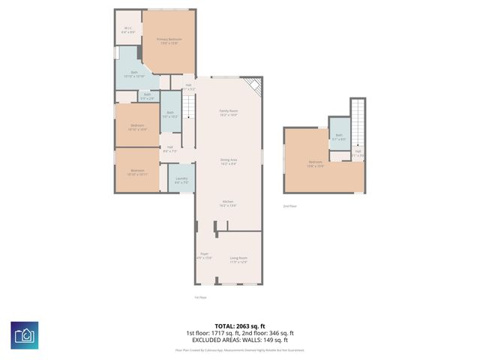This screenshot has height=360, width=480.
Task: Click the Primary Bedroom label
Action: point(169,40)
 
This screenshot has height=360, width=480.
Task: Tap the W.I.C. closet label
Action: point(128,31)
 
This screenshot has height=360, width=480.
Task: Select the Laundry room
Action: point(181,181)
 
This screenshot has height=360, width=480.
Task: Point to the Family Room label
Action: point(229,113)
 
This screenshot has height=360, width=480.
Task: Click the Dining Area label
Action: point(229,161)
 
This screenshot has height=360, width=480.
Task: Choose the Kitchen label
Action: point(229,203)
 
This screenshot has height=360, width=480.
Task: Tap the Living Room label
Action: point(238,259)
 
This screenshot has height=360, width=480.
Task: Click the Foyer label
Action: point(204,256)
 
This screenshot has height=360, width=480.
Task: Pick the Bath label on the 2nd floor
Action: point(340,136)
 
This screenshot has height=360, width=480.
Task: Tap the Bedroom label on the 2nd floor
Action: point(316,164)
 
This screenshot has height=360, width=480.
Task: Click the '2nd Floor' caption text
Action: point(289,205)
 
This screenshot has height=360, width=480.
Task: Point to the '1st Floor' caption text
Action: point(199,298)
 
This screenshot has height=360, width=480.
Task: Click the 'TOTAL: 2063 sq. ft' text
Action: point(239,326)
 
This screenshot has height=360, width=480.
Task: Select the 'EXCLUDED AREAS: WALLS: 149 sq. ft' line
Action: point(239,340)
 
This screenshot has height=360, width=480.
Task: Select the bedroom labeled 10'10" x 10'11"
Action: point(137,172)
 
